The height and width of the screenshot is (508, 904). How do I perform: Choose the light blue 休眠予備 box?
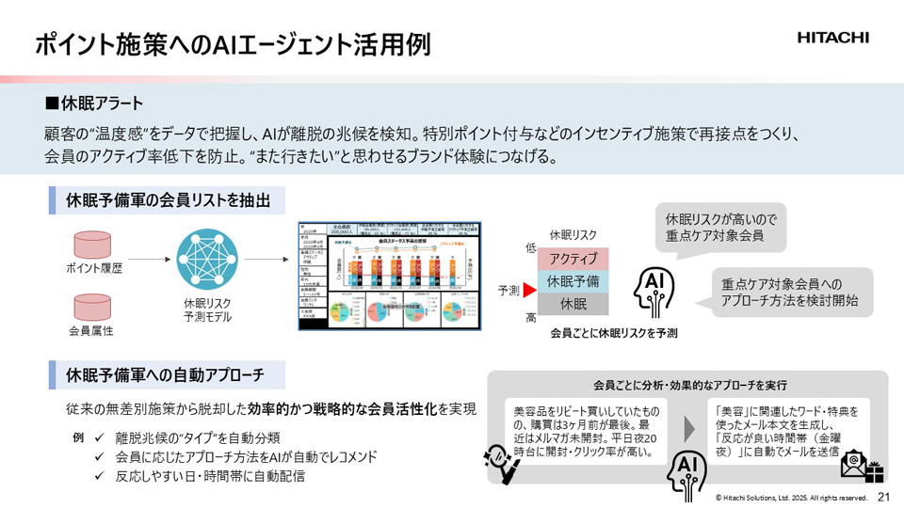tap(573, 280)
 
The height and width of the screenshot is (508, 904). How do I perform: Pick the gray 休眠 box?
tap(573, 303)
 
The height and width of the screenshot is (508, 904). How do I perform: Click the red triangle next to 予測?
tap(529, 290)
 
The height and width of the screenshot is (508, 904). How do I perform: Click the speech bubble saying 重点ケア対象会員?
tap(720, 226)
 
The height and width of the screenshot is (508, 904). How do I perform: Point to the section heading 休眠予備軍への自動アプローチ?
tap(168, 375)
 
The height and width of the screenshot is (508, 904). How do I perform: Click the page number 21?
tap(883, 497)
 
